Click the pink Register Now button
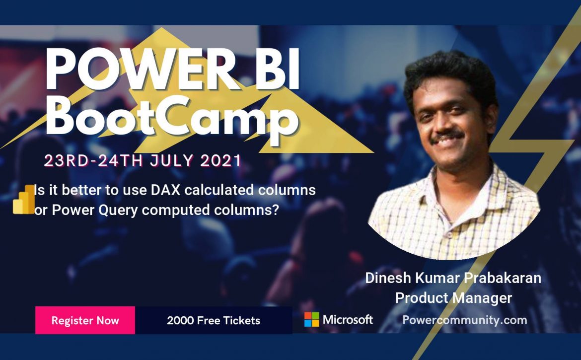coord(85,320)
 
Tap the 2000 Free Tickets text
coord(214,320)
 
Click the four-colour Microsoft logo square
coord(312,319)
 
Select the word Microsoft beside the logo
coord(348,319)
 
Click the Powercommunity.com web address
coord(465,320)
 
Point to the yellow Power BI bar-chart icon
coord(24,199)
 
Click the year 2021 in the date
coord(221,161)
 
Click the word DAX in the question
coord(166,190)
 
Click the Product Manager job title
coord(453,298)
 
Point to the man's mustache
coord(446,136)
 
